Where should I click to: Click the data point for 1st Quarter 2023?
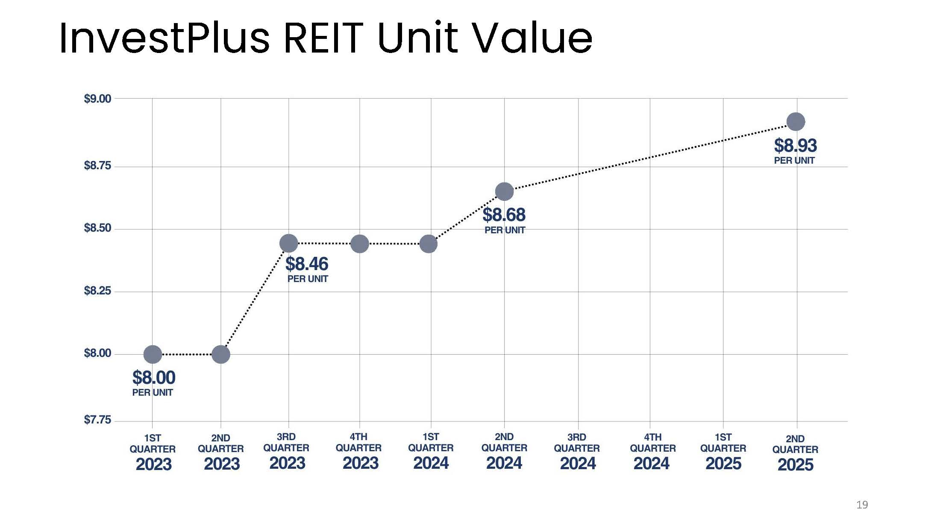[153, 354]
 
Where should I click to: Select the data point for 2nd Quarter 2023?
[221, 354]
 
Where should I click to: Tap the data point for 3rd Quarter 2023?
[289, 243]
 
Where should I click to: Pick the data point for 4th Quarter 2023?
[360, 244]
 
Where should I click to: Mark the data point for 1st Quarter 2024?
[429, 244]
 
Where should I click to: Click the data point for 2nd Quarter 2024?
[504, 191]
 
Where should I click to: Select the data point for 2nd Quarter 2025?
[796, 122]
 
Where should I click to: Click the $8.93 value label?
[795, 146]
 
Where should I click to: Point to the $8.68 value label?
[504, 215]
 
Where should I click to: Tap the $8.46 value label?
[307, 264]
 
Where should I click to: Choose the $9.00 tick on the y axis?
[97, 99]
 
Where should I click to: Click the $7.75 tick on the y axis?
[97, 420]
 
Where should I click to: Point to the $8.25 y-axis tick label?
[97, 291]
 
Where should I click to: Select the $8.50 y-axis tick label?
[97, 228]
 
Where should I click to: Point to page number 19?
[862, 505]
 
